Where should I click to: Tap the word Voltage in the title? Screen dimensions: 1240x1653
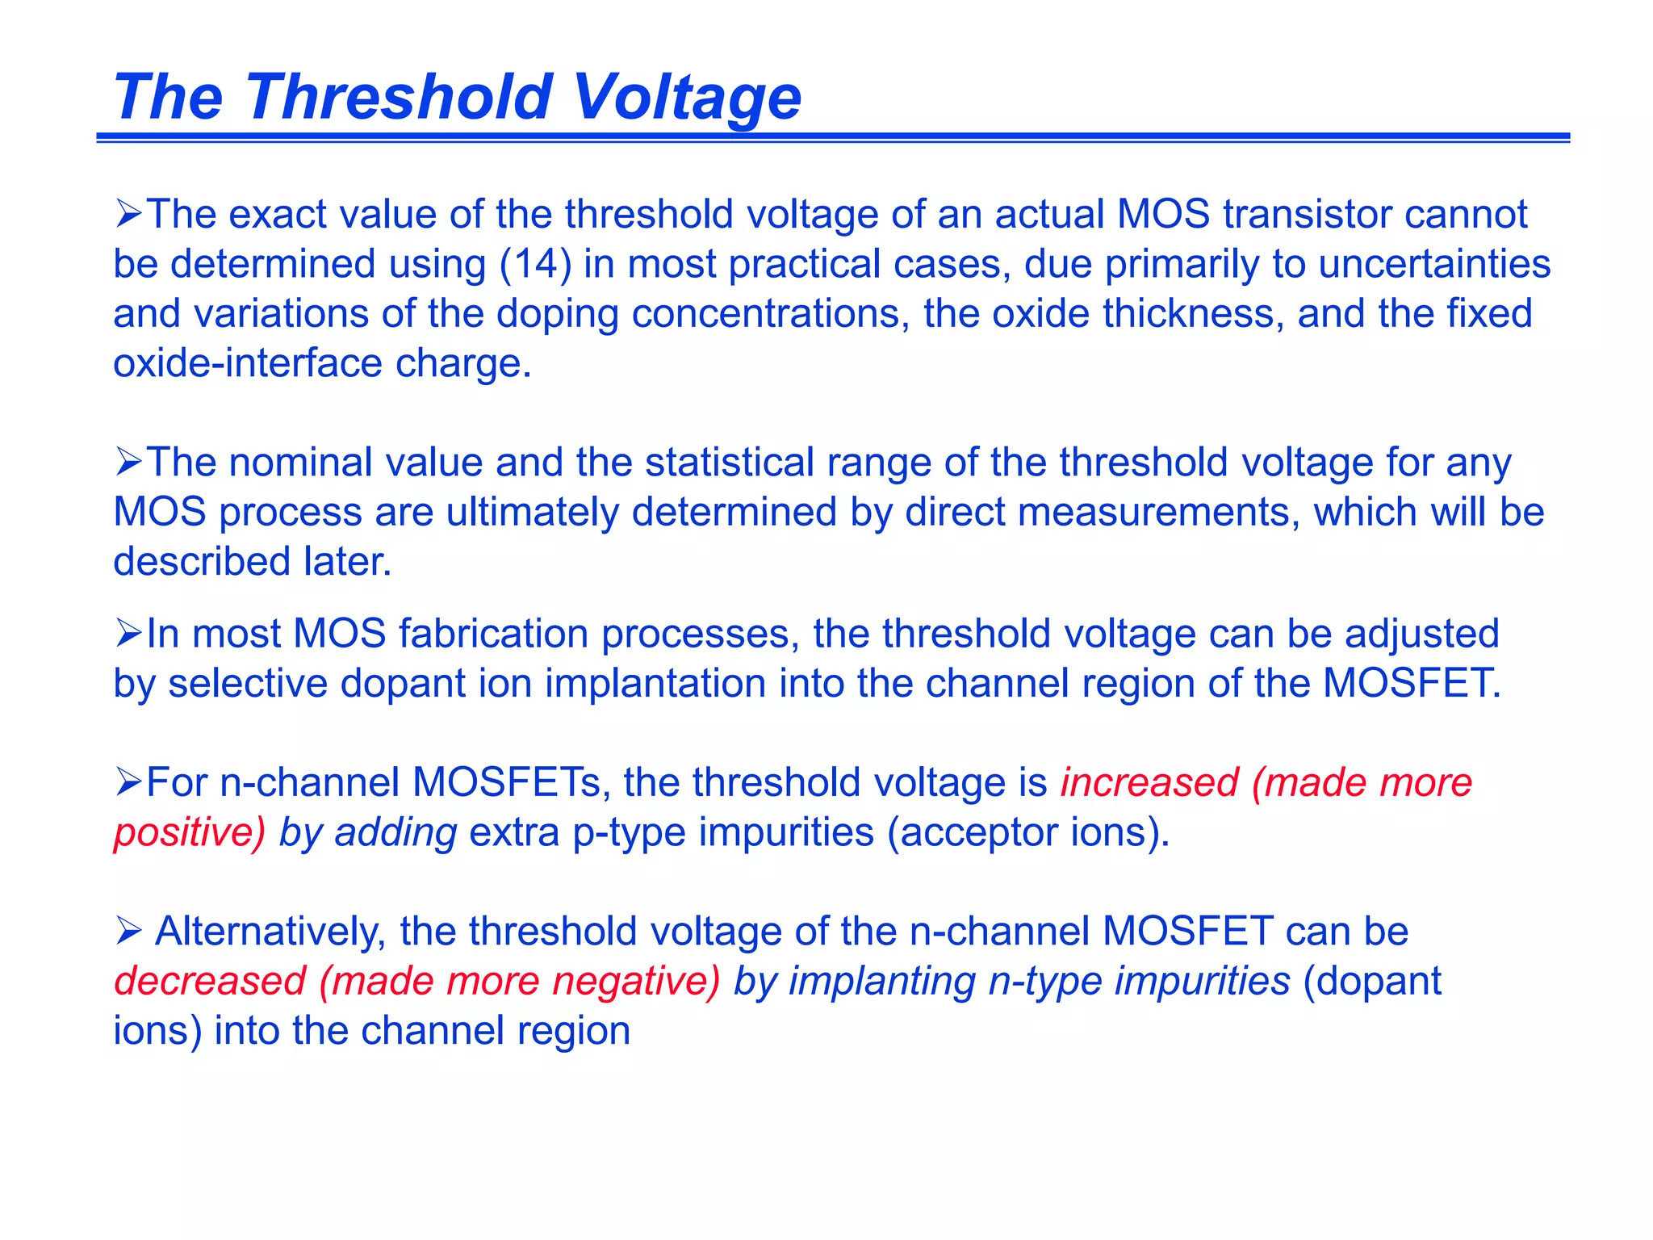click(x=686, y=97)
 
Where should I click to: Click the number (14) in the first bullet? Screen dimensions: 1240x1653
click(x=536, y=264)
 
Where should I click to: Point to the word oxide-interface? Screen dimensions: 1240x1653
click(x=248, y=363)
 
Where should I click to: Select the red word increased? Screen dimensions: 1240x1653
click(x=1149, y=783)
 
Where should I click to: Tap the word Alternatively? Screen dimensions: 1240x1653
click(x=267, y=932)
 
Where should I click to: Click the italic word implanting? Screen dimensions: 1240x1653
click(x=882, y=982)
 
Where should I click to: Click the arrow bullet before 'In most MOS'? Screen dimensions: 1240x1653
click(x=128, y=633)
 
